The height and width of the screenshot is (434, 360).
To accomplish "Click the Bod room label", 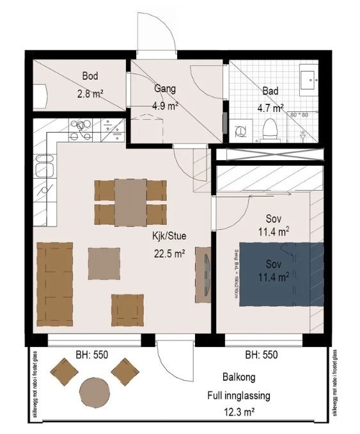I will [x=90, y=76].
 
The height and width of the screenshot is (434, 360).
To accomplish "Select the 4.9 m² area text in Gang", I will [x=165, y=106].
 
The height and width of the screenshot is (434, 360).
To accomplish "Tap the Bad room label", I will [x=270, y=92].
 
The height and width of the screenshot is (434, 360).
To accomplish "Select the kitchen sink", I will [x=44, y=170].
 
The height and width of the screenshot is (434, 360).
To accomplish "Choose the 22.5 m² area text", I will [x=168, y=253].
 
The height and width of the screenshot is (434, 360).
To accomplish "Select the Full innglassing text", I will [x=239, y=396].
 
